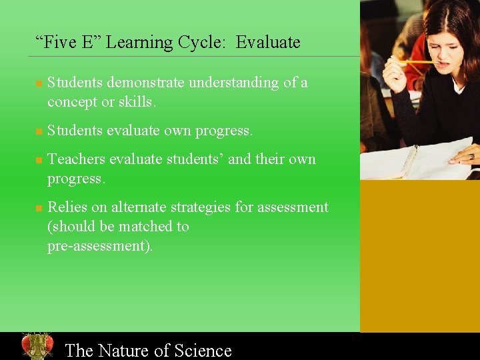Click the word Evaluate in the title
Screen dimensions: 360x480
(x=268, y=43)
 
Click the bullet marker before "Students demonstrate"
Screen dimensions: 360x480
(x=39, y=84)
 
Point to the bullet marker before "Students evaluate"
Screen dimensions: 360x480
(x=39, y=132)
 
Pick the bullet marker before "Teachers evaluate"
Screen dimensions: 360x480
(x=39, y=161)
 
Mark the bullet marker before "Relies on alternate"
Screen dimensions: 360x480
(x=39, y=209)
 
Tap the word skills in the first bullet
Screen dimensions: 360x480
(x=137, y=103)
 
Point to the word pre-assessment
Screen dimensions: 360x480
(x=99, y=246)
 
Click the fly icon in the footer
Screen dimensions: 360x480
(x=37, y=346)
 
